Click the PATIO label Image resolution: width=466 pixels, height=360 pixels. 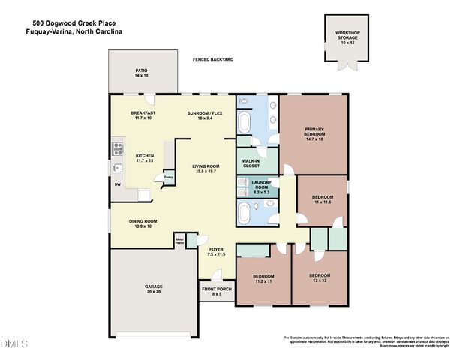[142, 74]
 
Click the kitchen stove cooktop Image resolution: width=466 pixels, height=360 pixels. [117, 148]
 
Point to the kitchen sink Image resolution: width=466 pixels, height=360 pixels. [117, 168]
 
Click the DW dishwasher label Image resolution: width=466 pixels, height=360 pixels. [117, 184]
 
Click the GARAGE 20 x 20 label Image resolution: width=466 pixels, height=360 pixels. [154, 289]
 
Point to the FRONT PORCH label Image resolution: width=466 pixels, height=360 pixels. [215, 292]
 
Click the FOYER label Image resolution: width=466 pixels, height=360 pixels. [216, 251]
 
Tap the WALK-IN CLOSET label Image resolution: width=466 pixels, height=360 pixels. [251, 164]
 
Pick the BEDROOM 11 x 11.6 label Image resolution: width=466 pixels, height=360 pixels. [323, 199]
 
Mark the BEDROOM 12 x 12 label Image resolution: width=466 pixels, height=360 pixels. [320, 277]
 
